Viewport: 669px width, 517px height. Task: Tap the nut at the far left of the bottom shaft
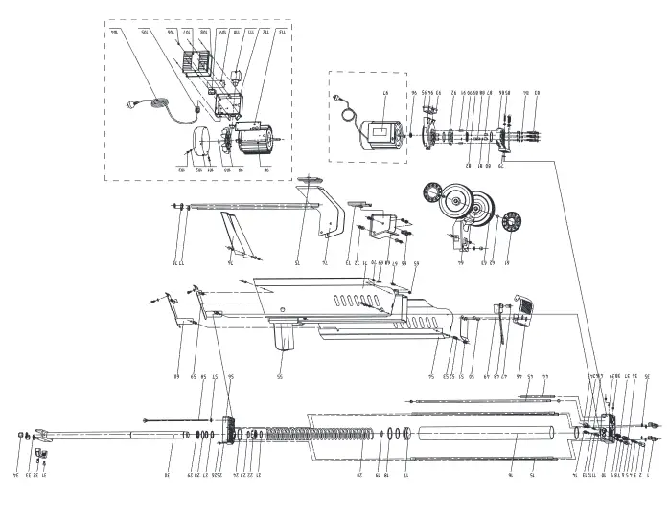(20, 436)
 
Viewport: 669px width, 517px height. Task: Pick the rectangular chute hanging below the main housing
(286, 335)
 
